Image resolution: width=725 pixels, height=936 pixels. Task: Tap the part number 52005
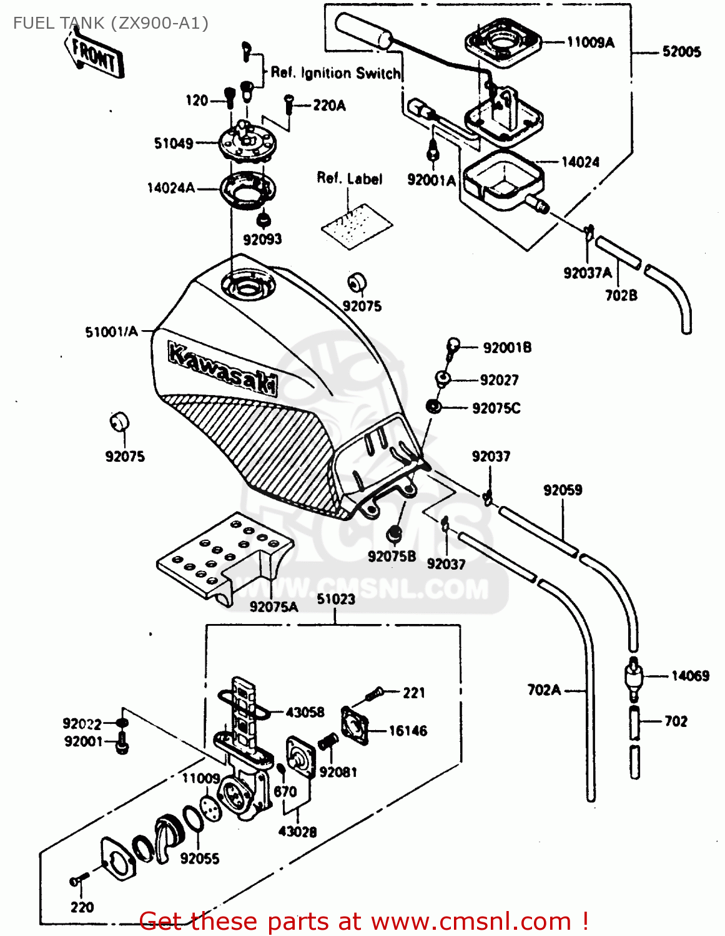[681, 52]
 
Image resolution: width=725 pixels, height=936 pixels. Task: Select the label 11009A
[590, 42]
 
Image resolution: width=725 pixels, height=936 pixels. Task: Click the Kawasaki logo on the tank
[222, 368]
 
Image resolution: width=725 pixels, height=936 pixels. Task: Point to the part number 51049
[174, 144]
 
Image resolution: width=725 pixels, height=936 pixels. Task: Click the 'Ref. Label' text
[349, 178]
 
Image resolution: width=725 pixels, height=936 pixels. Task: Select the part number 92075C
[496, 408]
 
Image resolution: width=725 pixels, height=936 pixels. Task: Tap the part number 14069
[690, 676]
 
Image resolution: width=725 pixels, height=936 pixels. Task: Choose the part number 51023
[335, 599]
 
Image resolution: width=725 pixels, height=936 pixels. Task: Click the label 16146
[408, 731]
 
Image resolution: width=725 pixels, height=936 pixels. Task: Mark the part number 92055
[200, 859]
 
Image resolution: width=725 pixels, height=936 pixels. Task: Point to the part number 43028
[297, 832]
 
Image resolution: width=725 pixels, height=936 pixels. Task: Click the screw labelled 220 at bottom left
[76, 881]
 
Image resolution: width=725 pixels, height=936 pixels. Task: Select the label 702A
[544, 690]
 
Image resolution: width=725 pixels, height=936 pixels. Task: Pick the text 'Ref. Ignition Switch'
[335, 73]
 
